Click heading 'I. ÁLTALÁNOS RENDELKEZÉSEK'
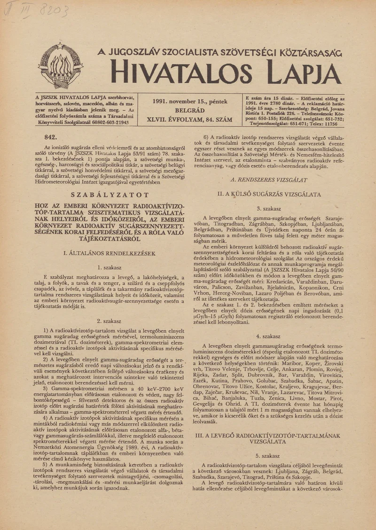point(110,253)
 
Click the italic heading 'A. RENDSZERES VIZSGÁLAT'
point(269,180)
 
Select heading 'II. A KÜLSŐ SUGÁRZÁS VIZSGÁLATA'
point(269,194)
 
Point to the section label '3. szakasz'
point(269,208)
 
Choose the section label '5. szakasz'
point(269,456)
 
